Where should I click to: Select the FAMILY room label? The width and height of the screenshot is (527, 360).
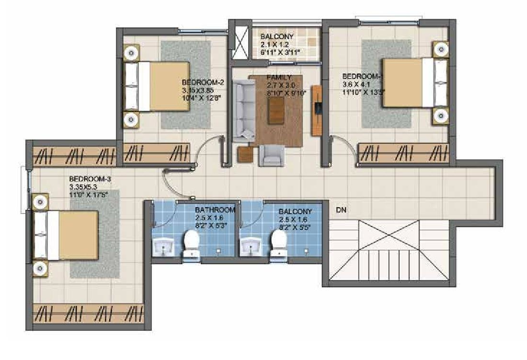tap(278, 77)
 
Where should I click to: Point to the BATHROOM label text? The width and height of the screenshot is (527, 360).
tap(215, 210)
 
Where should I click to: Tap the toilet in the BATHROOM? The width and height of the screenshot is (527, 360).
tap(191, 243)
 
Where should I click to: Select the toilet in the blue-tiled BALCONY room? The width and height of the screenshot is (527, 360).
tap(278, 243)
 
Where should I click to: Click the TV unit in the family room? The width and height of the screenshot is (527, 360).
tap(316, 111)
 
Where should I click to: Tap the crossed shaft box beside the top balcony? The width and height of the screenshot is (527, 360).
tap(239, 40)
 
